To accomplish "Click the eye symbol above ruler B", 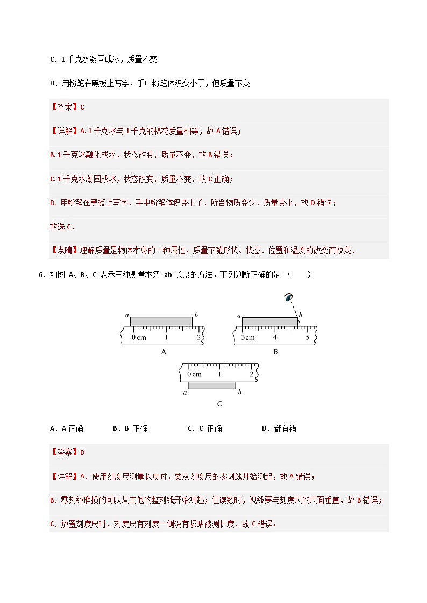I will [x=289, y=297].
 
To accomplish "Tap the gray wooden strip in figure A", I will [x=161, y=322].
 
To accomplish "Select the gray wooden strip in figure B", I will [x=269, y=322].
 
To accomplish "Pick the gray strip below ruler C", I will [x=211, y=385].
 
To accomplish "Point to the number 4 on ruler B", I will [x=275, y=337].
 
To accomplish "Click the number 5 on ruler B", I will [x=308, y=337].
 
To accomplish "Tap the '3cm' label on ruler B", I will [x=247, y=337].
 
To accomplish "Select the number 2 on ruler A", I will [x=198, y=337].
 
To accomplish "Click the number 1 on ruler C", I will [x=219, y=374].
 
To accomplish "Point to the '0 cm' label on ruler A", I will [x=139, y=337].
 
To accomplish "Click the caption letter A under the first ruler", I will [x=163, y=352].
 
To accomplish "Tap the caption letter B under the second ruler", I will [x=275, y=352].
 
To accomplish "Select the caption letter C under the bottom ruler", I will [x=219, y=404].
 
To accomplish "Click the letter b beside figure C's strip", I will [x=239, y=392].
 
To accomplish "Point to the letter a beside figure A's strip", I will [x=126, y=315].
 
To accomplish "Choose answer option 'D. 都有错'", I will [x=279, y=428].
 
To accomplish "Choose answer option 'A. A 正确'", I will [x=67, y=428].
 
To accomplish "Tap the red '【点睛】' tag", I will [x=64, y=250].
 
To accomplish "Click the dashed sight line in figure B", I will [x=295, y=309].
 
